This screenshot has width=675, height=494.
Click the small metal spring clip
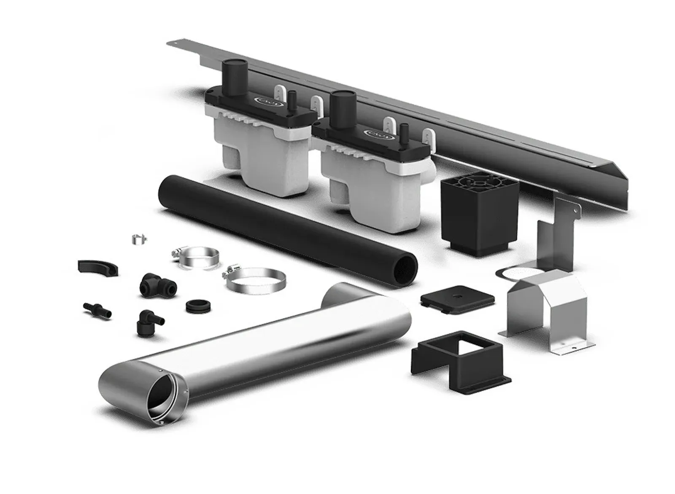coord(138,239)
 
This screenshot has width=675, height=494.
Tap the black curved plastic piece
coord(97,268)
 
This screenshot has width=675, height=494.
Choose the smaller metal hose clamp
coord(195,257)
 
